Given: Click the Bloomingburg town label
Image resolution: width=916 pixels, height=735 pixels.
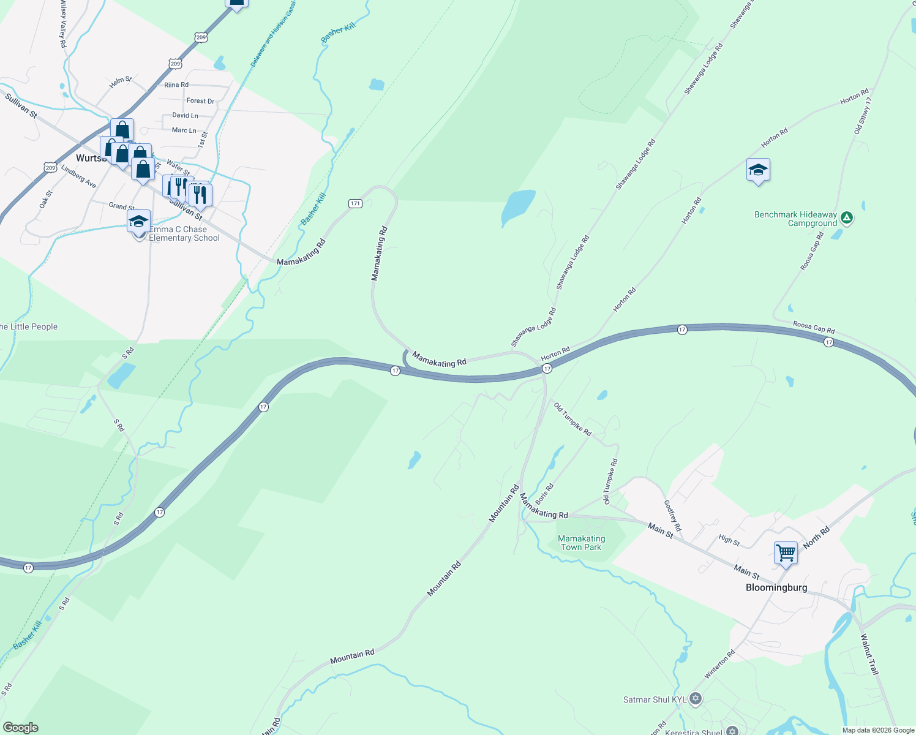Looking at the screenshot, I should [x=776, y=587].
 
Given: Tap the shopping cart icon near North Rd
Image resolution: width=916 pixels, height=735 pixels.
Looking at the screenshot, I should [x=786, y=552].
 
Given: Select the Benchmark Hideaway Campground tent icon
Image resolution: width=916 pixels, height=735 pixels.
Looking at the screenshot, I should [x=846, y=217].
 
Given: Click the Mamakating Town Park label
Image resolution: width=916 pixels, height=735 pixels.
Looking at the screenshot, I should [x=582, y=543].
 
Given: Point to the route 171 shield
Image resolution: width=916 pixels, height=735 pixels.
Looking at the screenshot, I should [x=356, y=203].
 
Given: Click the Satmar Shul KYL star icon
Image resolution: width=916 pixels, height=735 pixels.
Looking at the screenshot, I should [x=695, y=698].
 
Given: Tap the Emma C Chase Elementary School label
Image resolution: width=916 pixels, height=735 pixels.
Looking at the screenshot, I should [x=184, y=234].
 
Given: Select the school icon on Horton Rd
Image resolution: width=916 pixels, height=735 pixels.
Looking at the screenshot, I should [x=758, y=171].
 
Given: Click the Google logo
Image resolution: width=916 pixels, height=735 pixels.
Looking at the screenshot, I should [x=20, y=728].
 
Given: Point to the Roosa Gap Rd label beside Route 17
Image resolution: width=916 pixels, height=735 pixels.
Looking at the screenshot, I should [x=814, y=328].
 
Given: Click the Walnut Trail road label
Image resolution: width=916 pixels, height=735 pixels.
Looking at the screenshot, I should [x=869, y=654].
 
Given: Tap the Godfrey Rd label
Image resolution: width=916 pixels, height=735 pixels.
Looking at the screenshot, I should [x=672, y=515].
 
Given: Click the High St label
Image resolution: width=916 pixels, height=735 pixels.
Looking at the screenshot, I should [x=729, y=540].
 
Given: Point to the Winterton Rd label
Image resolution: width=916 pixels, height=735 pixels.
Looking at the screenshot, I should [x=719, y=665].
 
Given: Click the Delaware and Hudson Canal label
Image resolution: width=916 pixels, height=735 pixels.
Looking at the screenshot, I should [x=272, y=34].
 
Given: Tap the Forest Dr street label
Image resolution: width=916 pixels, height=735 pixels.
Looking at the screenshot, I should [x=200, y=100].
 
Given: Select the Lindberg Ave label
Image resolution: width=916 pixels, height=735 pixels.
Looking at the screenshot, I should [x=78, y=176].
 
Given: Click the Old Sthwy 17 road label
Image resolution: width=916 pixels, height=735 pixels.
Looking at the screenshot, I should [x=862, y=116].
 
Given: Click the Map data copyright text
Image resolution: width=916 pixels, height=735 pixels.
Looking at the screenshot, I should [x=878, y=730].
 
